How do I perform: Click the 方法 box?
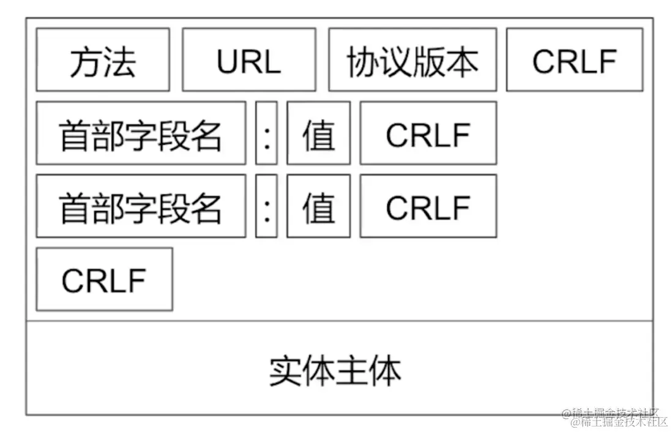coord(103,60)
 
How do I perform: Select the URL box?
coord(249,60)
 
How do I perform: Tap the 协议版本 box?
coord(413,60)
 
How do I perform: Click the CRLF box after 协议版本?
coord(575,60)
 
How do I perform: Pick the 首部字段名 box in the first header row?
coord(141,133)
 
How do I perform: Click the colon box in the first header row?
coord(266,133)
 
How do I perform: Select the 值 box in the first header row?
coord(319,133)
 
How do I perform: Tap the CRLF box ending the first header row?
coord(428,133)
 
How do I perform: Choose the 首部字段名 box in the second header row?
coord(141,206)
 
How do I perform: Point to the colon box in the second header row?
coord(266,206)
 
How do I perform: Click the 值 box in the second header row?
coord(319,206)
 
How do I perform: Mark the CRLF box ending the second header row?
coord(428,206)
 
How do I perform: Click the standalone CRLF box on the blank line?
coord(104,280)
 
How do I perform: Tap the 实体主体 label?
coord(335,370)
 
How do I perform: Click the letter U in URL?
coord(227,61)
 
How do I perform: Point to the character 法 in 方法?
coord(120,62)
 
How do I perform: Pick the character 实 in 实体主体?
coord(285,371)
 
